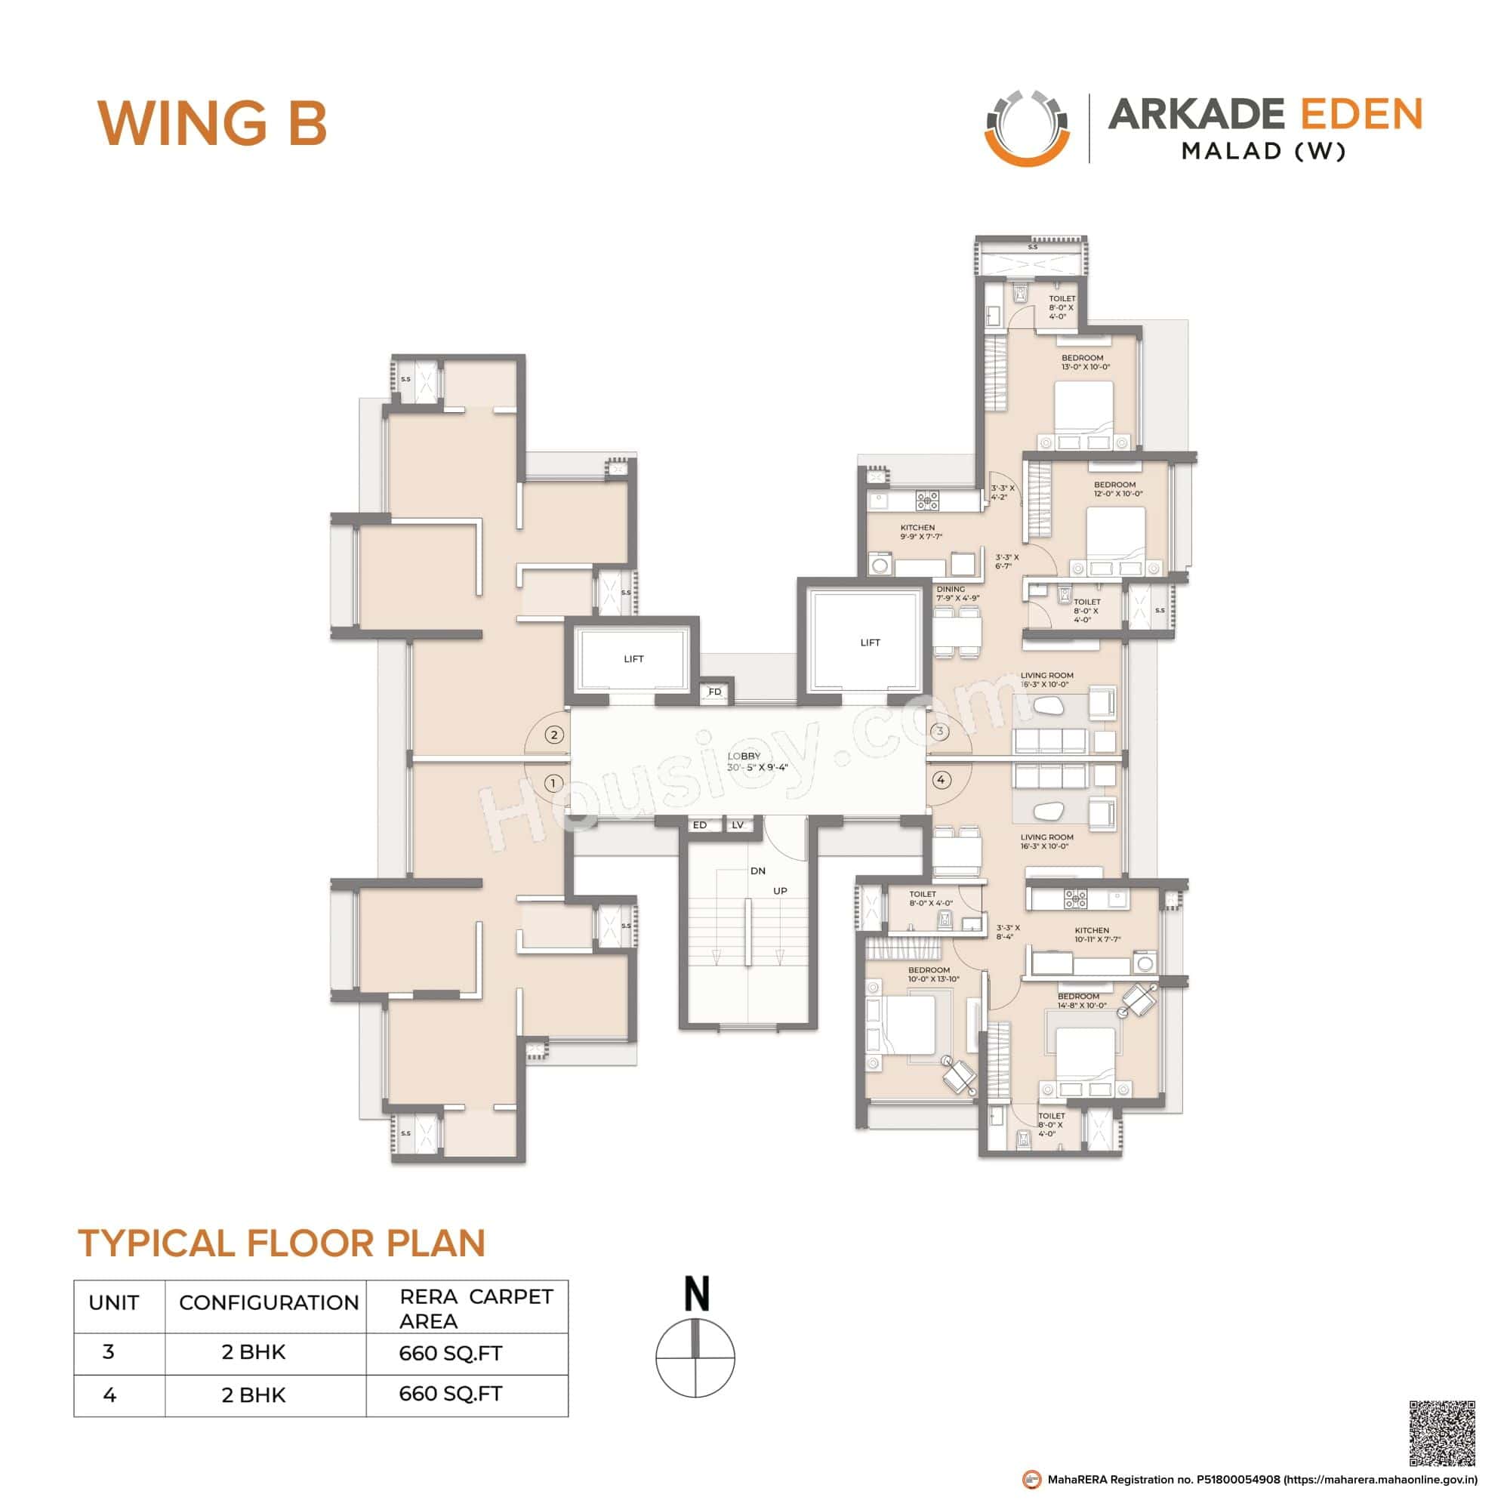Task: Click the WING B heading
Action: pos(212,123)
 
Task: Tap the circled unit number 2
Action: pos(554,735)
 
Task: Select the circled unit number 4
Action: pos(941,780)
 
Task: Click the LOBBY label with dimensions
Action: pos(756,762)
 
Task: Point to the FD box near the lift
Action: pos(714,692)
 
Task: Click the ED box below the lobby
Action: pos(700,824)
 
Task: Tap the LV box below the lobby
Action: pos(737,824)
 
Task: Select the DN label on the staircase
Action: pos(757,871)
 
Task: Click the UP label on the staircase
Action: pos(780,891)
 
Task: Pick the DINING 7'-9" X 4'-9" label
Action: pos(957,593)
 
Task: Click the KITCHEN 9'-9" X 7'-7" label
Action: pos(920,532)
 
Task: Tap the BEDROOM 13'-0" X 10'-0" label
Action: pos(1085,362)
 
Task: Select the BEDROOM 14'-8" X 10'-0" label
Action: pos(1082,1000)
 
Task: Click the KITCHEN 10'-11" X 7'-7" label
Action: pos(1096,935)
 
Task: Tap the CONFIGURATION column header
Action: pos(268,1303)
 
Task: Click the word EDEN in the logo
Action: pos(1361,115)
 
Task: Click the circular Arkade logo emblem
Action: pos(1027,129)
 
